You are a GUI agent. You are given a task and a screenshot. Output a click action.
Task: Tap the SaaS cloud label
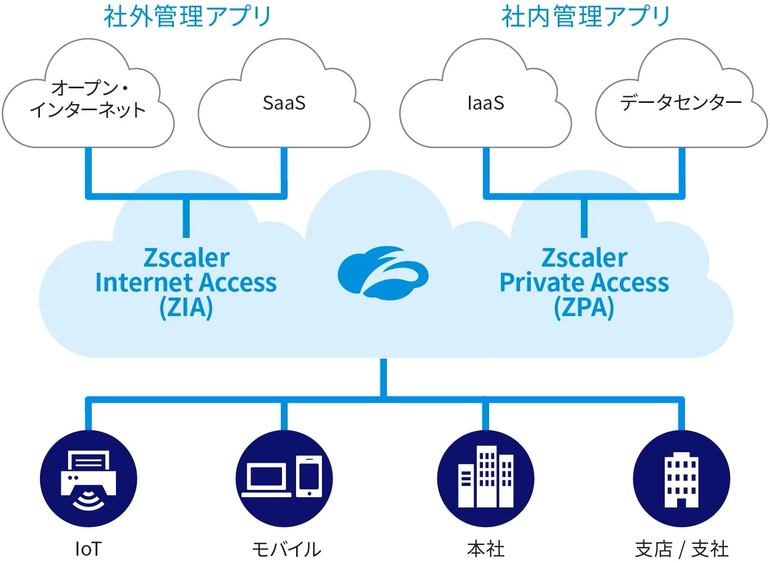tap(284, 103)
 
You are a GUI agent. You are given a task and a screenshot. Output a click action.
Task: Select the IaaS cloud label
tap(486, 103)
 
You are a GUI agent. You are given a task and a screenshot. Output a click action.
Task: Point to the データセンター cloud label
tap(681, 102)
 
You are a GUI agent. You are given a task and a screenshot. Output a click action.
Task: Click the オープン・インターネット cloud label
tap(88, 98)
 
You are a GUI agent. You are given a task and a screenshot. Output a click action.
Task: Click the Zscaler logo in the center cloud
tap(383, 272)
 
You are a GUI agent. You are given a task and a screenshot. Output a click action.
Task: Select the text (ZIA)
tap(186, 307)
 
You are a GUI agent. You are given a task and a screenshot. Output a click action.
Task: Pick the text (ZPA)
tap(584, 307)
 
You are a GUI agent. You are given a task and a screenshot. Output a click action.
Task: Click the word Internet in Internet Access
tap(144, 282)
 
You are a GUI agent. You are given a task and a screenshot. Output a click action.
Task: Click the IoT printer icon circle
tap(88, 479)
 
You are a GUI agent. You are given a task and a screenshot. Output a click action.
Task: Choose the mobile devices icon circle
tap(284, 479)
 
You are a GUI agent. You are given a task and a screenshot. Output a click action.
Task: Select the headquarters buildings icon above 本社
tap(486, 479)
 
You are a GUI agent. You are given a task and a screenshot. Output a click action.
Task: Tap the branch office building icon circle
tap(682, 479)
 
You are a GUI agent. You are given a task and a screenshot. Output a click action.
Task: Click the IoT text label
tap(88, 549)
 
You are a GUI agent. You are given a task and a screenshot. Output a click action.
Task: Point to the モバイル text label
tap(286, 549)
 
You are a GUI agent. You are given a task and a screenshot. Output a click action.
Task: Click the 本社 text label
tap(486, 549)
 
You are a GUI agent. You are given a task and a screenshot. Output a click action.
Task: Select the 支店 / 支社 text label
tap(682, 549)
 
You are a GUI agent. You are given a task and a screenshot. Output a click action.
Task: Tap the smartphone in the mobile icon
tap(310, 476)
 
